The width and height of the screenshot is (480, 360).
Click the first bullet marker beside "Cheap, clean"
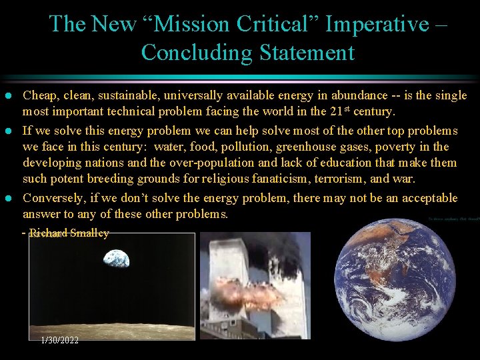7,96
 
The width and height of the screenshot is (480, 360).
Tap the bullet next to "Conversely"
7,199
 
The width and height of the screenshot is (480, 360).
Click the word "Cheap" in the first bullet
39,95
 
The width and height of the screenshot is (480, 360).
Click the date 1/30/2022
60,340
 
